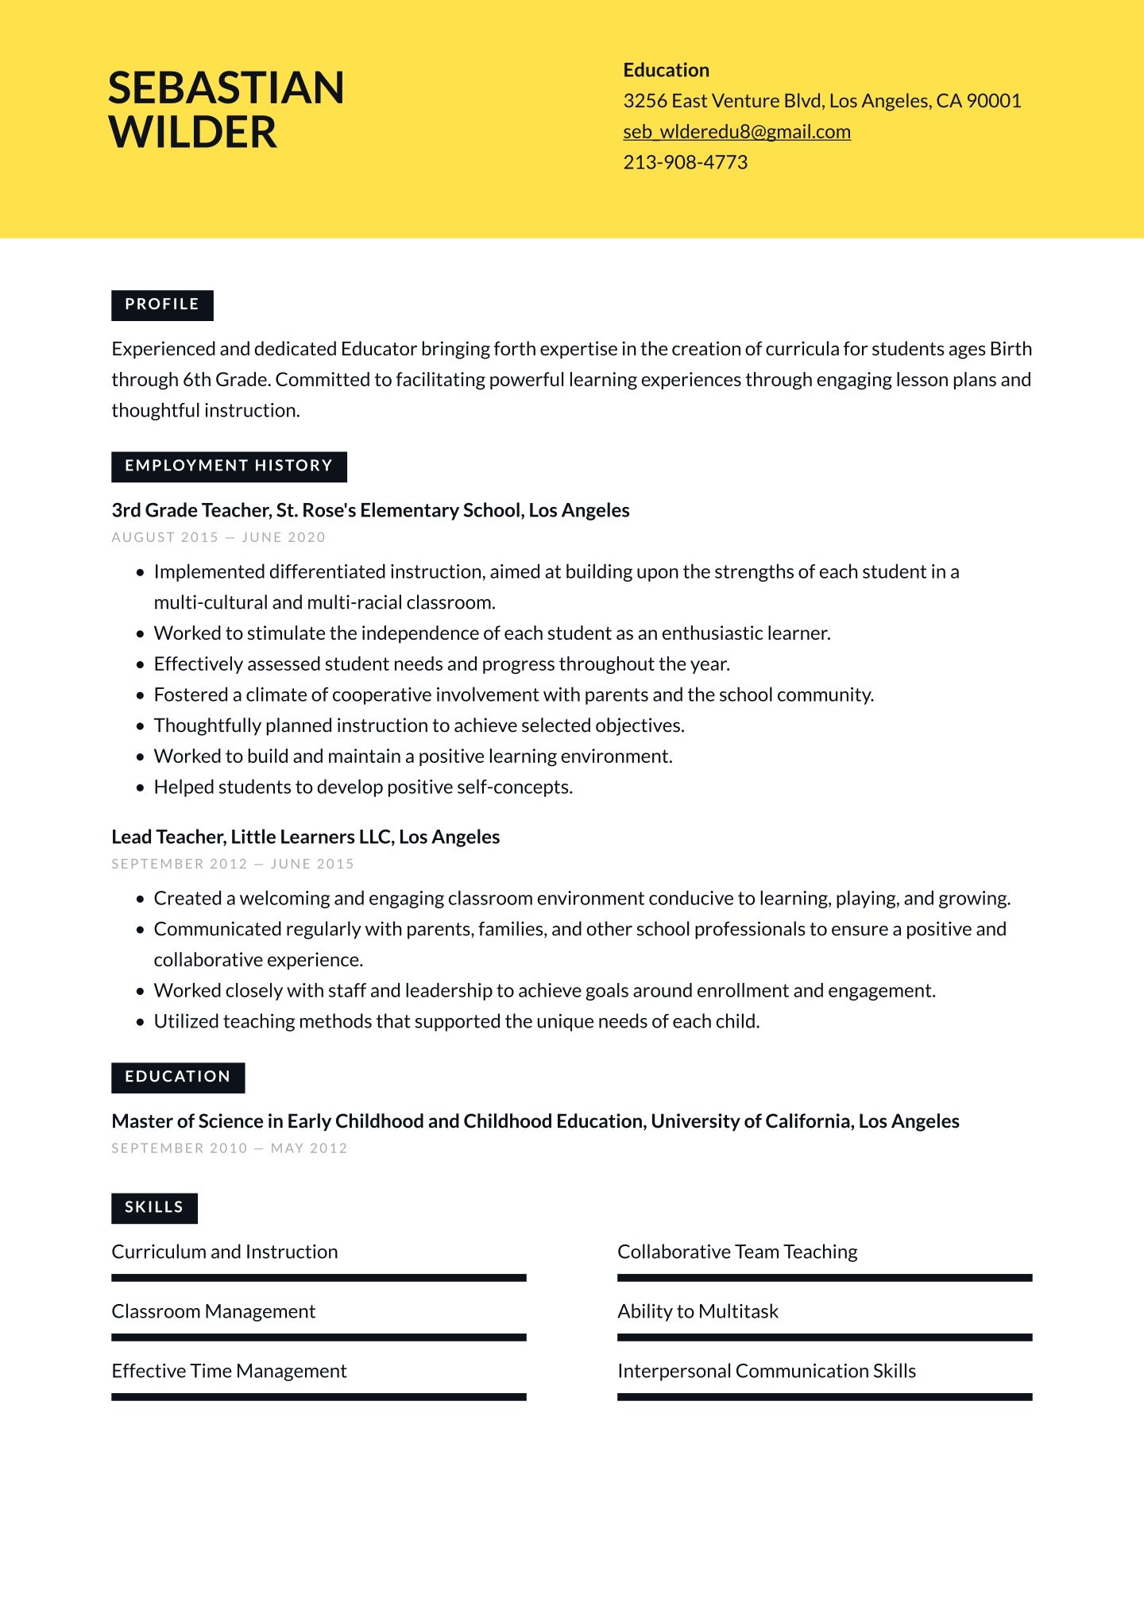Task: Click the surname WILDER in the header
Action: coord(193,132)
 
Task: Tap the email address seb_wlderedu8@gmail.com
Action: coord(736,132)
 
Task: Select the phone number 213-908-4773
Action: coord(685,162)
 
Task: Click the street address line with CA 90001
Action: coord(821,101)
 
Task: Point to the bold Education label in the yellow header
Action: coord(666,70)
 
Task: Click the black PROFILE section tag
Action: coord(162,305)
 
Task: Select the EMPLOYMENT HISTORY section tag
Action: coord(229,466)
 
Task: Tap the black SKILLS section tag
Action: coord(154,1208)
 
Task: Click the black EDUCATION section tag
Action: coord(178,1078)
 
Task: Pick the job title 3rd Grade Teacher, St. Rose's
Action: coord(370,510)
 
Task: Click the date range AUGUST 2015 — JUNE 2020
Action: coord(218,537)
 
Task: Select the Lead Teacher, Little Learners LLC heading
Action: coord(305,837)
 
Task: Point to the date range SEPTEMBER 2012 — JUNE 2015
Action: coord(233,864)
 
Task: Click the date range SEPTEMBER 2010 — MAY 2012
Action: coord(230,1148)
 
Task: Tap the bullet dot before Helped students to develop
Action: coord(141,788)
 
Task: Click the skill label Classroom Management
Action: coord(213,1311)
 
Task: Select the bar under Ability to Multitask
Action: coord(824,1337)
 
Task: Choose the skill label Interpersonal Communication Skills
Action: coord(766,1371)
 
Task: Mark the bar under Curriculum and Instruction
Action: coord(319,1278)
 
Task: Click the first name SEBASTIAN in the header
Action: coord(226,87)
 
